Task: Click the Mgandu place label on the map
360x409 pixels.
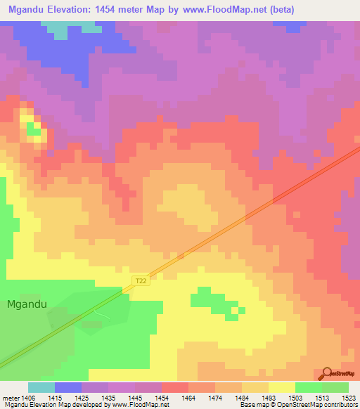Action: click(x=27, y=304)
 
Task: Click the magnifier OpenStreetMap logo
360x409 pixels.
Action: click(x=326, y=373)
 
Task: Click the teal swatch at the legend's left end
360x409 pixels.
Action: click(x=41, y=387)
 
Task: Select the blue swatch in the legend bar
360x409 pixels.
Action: click(x=68, y=387)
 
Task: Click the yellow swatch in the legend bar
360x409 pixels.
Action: click(x=282, y=387)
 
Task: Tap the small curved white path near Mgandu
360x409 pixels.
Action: click(x=103, y=316)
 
